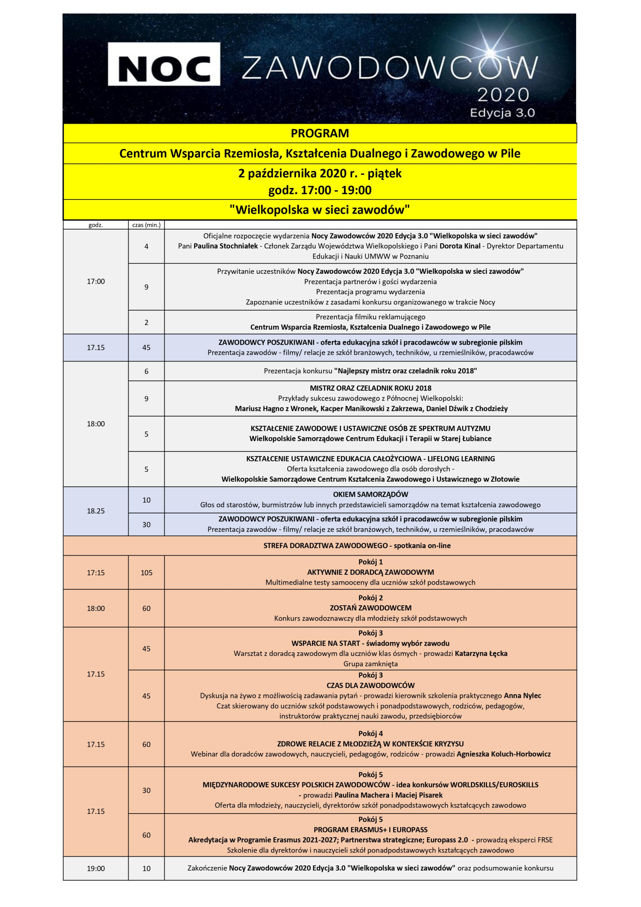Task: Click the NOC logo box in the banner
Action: click(164, 64)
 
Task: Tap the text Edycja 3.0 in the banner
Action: click(502, 113)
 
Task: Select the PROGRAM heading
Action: click(320, 133)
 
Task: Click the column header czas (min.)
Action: click(146, 225)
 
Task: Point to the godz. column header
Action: click(96, 225)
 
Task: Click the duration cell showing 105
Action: click(146, 573)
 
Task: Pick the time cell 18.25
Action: click(96, 511)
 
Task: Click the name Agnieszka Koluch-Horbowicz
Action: click(504, 754)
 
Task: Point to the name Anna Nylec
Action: click(522, 696)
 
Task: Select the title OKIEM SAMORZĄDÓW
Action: click(370, 494)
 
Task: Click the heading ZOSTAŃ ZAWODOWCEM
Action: click(370, 608)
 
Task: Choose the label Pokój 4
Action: click(370, 733)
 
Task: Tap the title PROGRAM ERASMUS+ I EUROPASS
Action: click(370, 830)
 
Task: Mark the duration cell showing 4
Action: click(146, 246)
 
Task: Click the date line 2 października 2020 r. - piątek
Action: click(320, 174)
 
